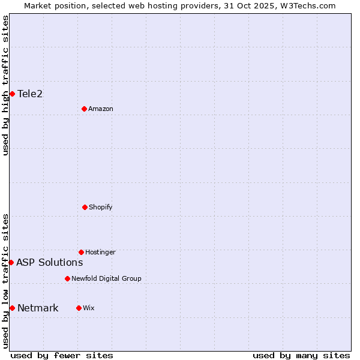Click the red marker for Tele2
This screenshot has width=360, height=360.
click(x=12, y=94)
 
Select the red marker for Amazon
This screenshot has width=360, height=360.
click(x=84, y=109)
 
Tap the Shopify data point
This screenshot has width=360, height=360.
click(x=85, y=207)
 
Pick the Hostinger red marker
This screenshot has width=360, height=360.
click(x=81, y=252)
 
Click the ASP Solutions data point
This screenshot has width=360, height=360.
click(x=11, y=262)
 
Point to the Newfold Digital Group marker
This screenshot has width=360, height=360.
click(x=67, y=278)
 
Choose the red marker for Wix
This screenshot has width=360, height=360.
click(x=79, y=308)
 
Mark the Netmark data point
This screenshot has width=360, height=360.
click(x=12, y=308)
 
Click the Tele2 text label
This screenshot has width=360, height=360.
click(x=30, y=94)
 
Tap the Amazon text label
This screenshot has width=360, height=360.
click(x=101, y=109)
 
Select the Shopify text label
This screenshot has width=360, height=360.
click(x=101, y=207)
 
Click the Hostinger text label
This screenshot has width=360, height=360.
click(x=100, y=252)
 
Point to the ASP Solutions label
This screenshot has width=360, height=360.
click(x=50, y=262)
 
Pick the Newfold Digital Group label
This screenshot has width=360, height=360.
click(x=106, y=278)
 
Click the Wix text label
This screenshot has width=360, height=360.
click(x=89, y=308)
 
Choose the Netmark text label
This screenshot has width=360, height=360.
click(x=38, y=308)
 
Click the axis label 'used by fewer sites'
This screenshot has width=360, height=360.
click(x=62, y=355)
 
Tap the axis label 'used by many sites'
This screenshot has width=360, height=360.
click(x=301, y=355)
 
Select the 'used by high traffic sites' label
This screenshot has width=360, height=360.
click(x=5, y=85)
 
